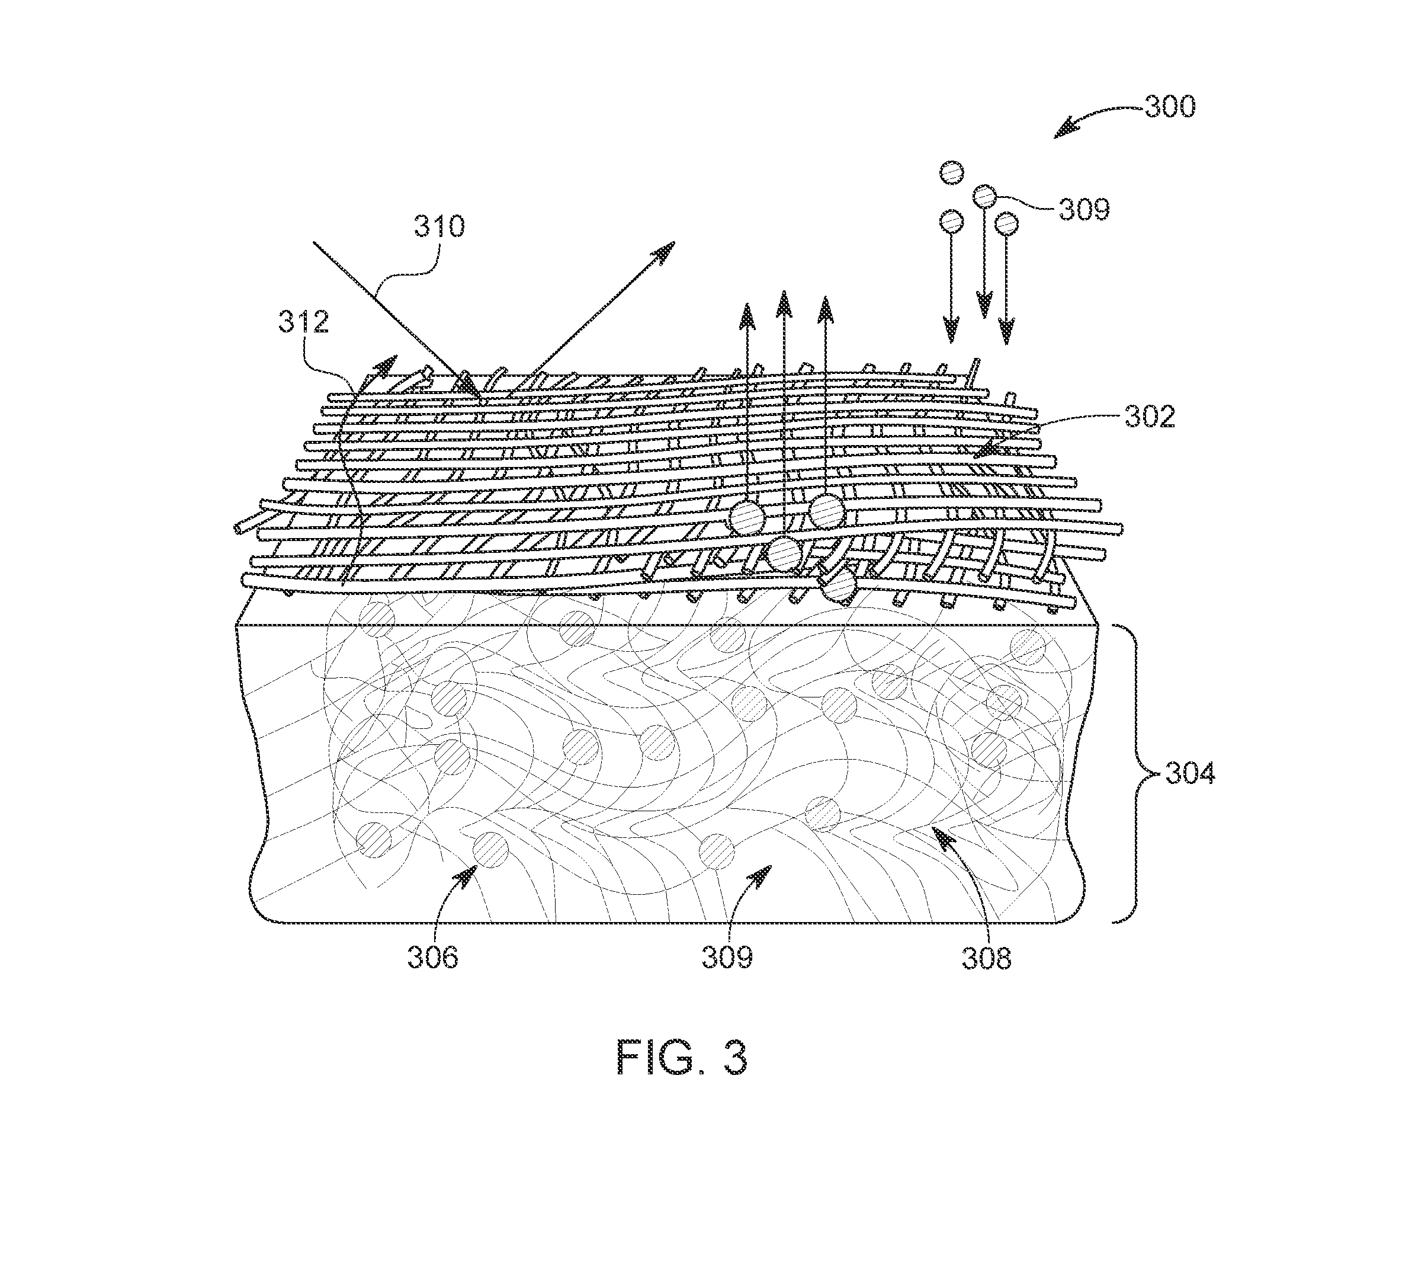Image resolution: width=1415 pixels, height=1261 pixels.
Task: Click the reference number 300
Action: coord(1170,107)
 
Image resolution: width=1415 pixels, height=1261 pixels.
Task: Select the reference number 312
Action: coord(303,322)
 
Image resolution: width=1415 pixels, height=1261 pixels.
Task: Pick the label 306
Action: coord(433,958)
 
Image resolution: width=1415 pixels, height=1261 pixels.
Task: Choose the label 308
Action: coord(987,958)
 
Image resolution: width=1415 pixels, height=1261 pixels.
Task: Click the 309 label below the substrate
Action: coord(727,958)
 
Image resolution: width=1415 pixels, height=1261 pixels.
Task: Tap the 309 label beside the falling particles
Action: coord(1084,209)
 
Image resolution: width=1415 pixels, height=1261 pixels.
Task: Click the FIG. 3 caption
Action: coord(682,1058)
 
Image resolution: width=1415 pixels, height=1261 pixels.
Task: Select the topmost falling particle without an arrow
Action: coord(952,172)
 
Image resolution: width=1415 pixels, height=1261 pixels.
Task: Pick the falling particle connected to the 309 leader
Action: coord(985,197)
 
